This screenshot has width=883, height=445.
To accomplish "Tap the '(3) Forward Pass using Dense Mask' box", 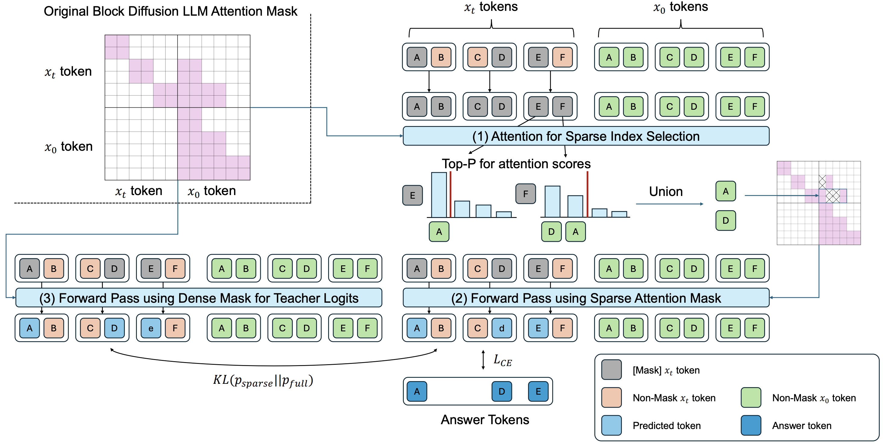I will click(x=199, y=298).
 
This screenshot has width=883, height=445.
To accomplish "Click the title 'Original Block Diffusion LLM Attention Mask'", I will click(x=170, y=11).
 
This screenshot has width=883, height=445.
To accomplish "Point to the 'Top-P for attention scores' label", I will click(x=516, y=164).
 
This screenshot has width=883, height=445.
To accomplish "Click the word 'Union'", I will click(x=666, y=191).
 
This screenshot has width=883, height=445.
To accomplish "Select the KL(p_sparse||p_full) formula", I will click(x=263, y=380).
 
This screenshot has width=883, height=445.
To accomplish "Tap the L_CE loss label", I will click(x=502, y=360).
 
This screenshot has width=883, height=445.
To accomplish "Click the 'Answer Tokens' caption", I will click(x=485, y=420).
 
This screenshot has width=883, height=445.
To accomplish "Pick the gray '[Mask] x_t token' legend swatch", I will click(x=611, y=370).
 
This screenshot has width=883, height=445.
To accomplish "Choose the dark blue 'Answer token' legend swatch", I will click(x=751, y=425).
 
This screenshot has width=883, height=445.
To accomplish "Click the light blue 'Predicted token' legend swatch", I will click(x=611, y=425).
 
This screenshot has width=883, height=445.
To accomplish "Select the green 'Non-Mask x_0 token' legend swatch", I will click(x=751, y=397).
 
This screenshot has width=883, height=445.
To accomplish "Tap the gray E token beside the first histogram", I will click(x=412, y=195).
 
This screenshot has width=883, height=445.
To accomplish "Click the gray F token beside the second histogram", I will click(x=525, y=194).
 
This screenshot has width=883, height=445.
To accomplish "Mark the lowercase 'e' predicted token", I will click(x=151, y=328).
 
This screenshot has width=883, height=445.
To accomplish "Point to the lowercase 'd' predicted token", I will click(x=502, y=328).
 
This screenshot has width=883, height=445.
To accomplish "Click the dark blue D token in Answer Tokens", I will click(x=502, y=391).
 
